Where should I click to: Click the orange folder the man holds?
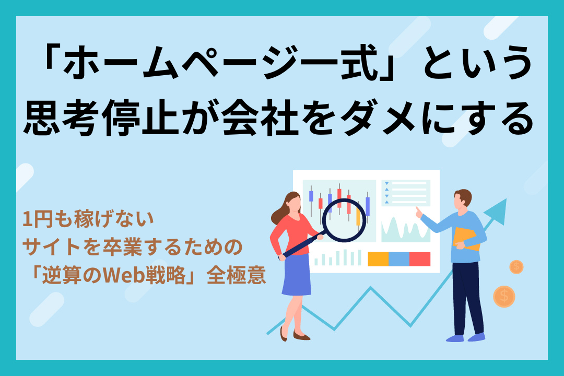pos(466,238)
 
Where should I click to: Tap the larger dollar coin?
pos(504,296)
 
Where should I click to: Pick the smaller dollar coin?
pos(516,267)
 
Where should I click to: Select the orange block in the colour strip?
pos(378,259)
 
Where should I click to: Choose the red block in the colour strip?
pos(419,259)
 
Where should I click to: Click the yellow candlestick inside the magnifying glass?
pos(358,217)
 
